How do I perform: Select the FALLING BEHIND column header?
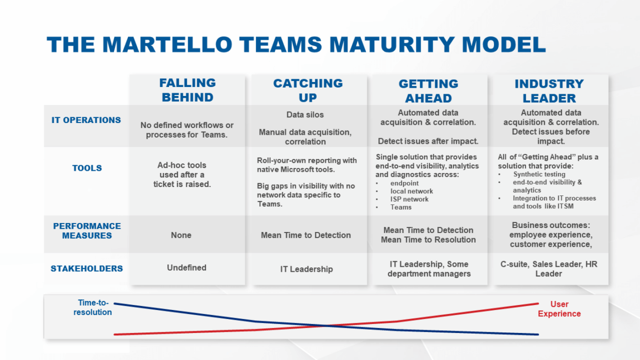tap(188, 90)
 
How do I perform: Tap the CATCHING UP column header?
tap(308, 90)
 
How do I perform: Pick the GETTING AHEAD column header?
tap(428, 90)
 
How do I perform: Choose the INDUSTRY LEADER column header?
tap(549, 91)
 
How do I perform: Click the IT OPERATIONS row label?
tap(87, 120)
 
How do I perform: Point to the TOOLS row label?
tap(87, 168)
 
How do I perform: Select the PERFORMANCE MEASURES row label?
tap(87, 231)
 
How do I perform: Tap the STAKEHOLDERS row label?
tap(87, 268)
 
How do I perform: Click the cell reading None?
tap(181, 235)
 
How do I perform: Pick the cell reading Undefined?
tap(186, 268)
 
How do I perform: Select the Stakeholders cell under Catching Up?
tap(307, 269)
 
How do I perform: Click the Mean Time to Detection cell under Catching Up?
tap(306, 235)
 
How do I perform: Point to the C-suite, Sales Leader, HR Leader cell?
tap(548, 268)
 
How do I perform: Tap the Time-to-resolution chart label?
tap(93, 307)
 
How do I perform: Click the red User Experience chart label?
tap(559, 309)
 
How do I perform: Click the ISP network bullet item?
tap(409, 199)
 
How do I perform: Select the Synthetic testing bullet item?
tap(539, 175)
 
